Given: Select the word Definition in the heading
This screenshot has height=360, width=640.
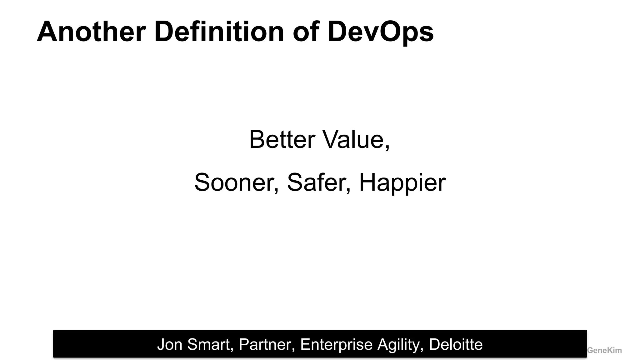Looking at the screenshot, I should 219,32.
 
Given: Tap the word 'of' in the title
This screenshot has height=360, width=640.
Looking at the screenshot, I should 306,32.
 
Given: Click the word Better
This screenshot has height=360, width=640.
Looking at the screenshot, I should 282,139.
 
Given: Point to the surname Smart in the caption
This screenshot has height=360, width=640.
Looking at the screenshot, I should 209,344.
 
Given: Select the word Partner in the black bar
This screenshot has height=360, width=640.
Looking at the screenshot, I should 265,344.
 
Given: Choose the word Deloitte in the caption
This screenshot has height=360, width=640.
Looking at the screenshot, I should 456,344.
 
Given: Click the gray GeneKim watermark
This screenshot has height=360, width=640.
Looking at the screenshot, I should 604,351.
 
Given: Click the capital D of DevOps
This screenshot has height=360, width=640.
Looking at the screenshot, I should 337,32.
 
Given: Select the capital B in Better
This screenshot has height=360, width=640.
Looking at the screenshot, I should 257,139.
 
